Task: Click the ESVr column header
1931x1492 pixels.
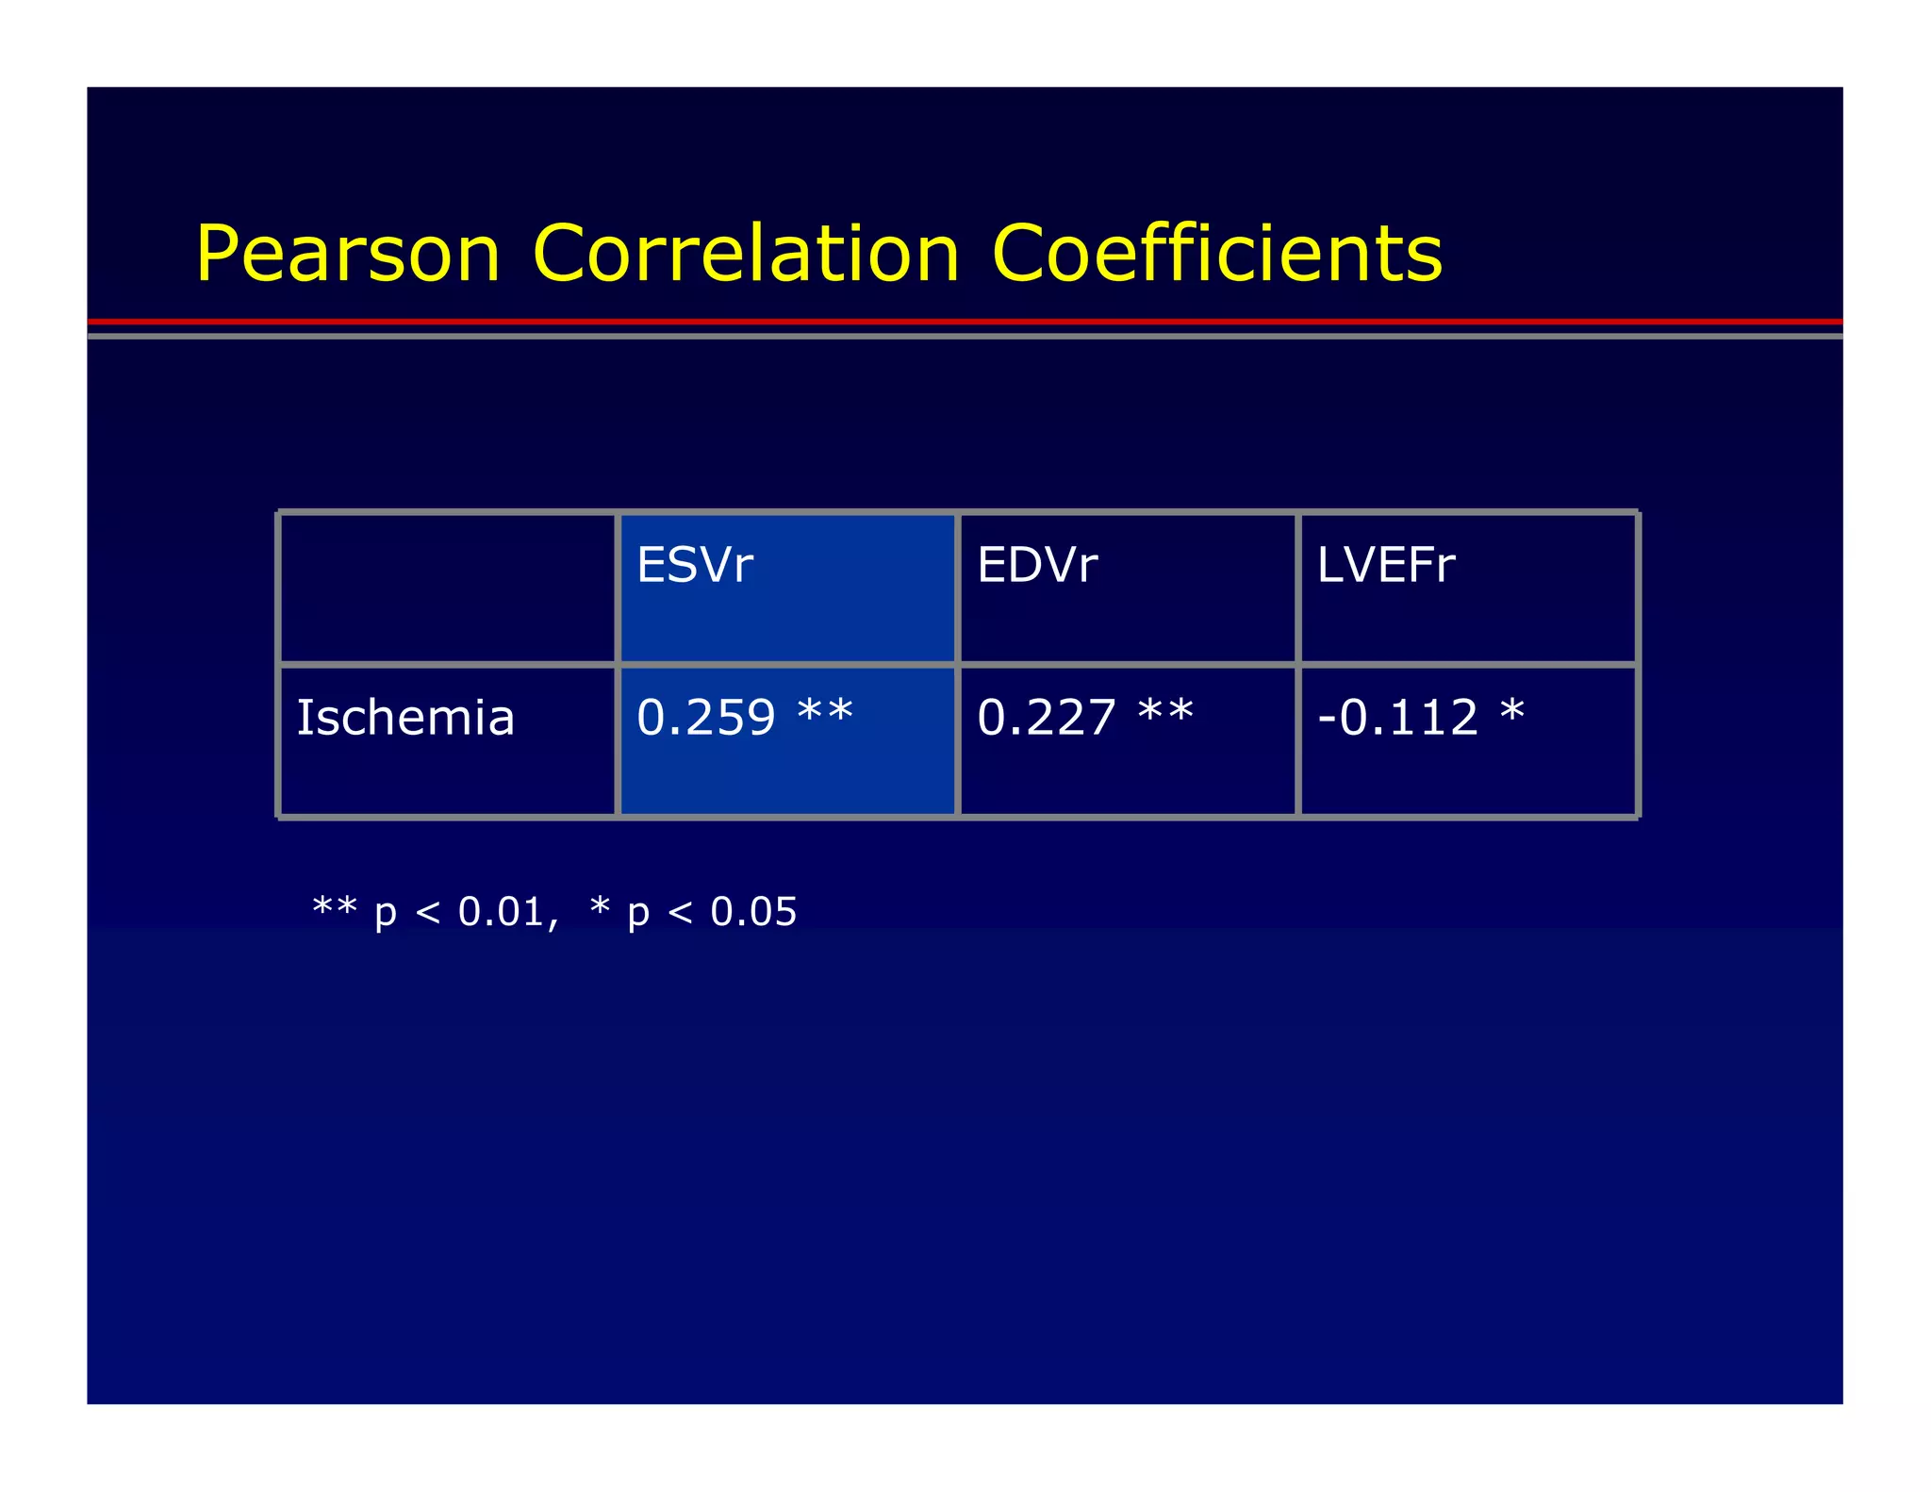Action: pos(695,565)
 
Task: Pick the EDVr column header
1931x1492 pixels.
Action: pos(1037,565)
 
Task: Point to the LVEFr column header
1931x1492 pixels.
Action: pos(1386,565)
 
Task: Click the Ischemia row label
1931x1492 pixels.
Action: pos(405,718)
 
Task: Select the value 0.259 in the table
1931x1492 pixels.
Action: pos(706,718)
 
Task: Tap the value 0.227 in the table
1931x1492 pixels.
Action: pos(1047,718)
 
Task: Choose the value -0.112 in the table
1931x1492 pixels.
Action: pos(1397,718)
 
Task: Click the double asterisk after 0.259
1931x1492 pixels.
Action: pos(825,710)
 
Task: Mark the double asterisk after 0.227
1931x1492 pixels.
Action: pos(1165,710)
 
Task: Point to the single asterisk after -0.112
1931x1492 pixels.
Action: pos(1512,710)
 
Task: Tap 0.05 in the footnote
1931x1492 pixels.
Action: pos(753,912)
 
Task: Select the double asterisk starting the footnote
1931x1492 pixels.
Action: pos(335,906)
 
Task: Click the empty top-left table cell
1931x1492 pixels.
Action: pos(448,589)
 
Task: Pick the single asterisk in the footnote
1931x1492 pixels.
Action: pos(600,906)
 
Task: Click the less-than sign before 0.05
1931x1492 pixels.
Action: pos(680,913)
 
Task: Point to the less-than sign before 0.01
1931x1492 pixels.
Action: pos(427,913)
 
